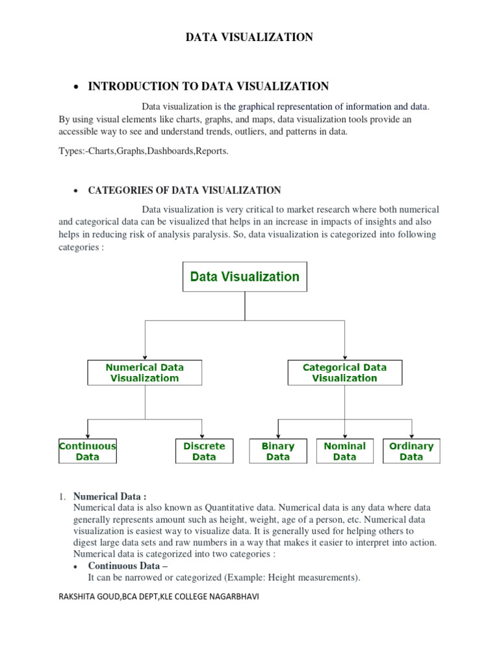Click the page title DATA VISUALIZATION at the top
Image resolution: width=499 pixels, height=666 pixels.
click(x=249, y=38)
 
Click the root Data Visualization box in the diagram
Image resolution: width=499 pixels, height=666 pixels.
click(x=244, y=276)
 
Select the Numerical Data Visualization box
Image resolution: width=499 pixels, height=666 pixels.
click(x=144, y=373)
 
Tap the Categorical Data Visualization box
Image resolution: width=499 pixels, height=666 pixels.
click(x=344, y=373)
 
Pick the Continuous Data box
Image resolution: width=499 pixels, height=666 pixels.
click(x=88, y=451)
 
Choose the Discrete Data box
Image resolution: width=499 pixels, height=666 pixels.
click(x=204, y=451)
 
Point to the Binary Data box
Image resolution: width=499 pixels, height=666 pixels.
click(x=277, y=451)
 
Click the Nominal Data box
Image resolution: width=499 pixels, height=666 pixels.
click(x=344, y=451)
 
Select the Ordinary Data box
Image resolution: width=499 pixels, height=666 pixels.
click(x=411, y=451)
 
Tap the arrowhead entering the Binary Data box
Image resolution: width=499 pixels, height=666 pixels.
click(x=278, y=436)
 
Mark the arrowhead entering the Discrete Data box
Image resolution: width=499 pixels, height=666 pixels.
click(x=203, y=436)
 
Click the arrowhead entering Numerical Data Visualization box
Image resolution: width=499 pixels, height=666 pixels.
click(x=145, y=357)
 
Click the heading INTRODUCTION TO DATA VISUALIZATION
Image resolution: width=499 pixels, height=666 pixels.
click(x=208, y=87)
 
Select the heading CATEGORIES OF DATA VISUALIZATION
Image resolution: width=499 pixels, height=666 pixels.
click(x=185, y=191)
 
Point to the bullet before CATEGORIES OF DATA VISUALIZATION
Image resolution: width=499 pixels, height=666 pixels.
click(x=76, y=191)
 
